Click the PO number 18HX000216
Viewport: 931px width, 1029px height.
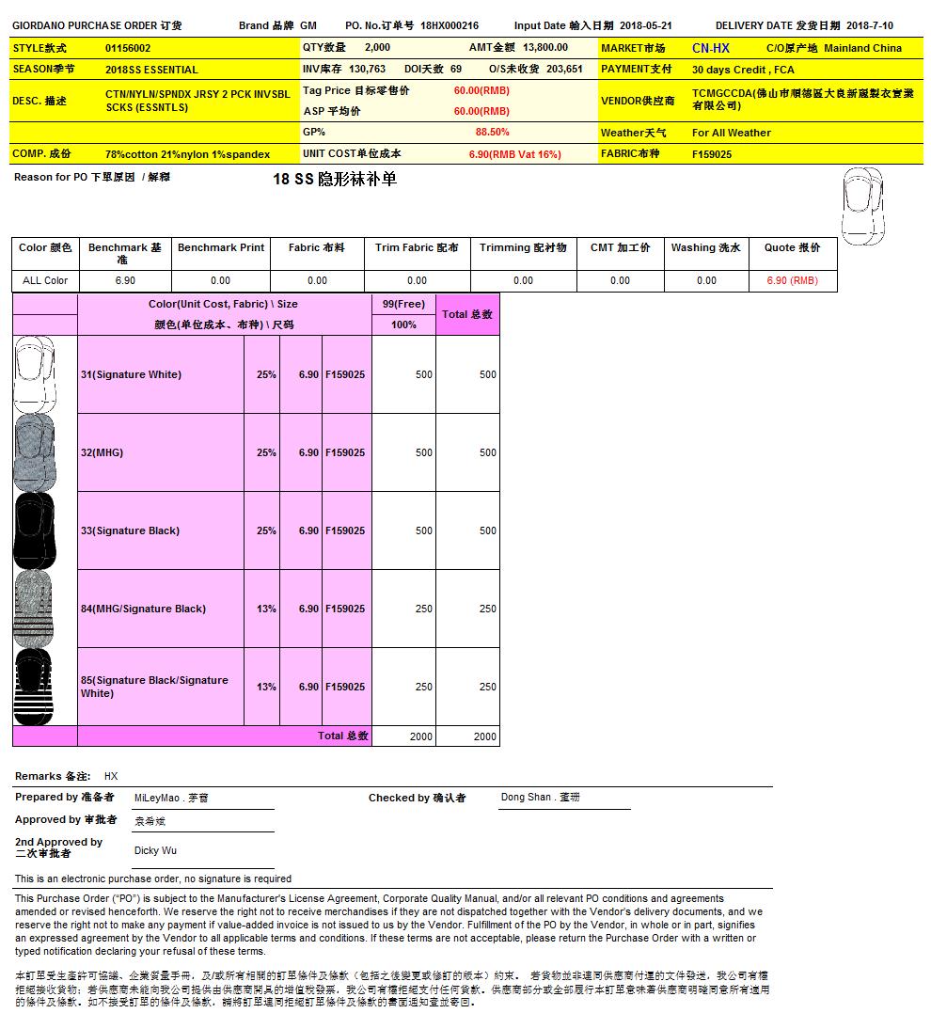450,26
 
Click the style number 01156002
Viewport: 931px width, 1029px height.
128,48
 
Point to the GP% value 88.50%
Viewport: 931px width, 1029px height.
492,133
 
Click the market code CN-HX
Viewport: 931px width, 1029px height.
710,48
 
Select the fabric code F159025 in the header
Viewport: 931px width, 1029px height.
712,154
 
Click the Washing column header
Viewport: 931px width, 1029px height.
705,248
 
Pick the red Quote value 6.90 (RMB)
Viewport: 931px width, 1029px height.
792,280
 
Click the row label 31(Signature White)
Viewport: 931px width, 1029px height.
131,374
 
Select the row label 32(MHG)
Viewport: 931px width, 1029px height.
102,452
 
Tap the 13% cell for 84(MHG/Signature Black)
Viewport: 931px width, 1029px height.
266,609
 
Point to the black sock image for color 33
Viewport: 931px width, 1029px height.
33,530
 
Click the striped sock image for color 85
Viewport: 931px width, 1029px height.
33,687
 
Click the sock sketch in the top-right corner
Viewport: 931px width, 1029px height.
862,205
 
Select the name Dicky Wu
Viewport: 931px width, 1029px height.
155,850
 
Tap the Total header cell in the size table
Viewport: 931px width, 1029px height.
467,314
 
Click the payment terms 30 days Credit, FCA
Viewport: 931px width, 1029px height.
743,70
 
